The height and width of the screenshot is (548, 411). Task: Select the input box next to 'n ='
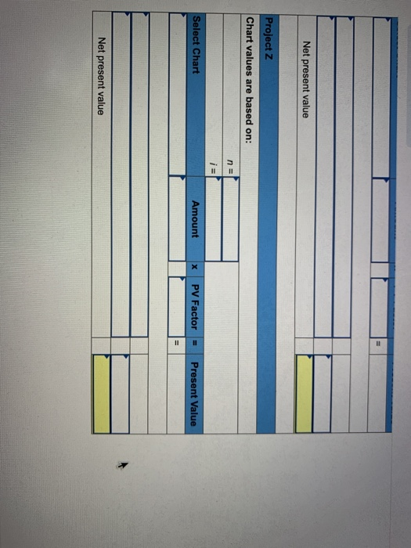tap(231, 218)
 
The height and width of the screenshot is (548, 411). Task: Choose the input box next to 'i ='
tap(213, 218)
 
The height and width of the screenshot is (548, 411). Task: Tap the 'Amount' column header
tap(196, 219)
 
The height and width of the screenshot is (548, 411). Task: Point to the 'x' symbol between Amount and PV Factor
tap(196, 268)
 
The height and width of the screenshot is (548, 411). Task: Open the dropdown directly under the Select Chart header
tap(178, 95)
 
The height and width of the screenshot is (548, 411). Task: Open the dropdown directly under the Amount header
tap(177, 218)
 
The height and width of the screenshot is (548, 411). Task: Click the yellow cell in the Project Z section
tap(102, 394)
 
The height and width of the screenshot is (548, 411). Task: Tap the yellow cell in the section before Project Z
tap(304, 394)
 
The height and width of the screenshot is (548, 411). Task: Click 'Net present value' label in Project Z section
tap(101, 77)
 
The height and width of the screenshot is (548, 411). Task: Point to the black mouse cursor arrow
tap(123, 465)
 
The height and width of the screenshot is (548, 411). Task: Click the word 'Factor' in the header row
tap(195, 315)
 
